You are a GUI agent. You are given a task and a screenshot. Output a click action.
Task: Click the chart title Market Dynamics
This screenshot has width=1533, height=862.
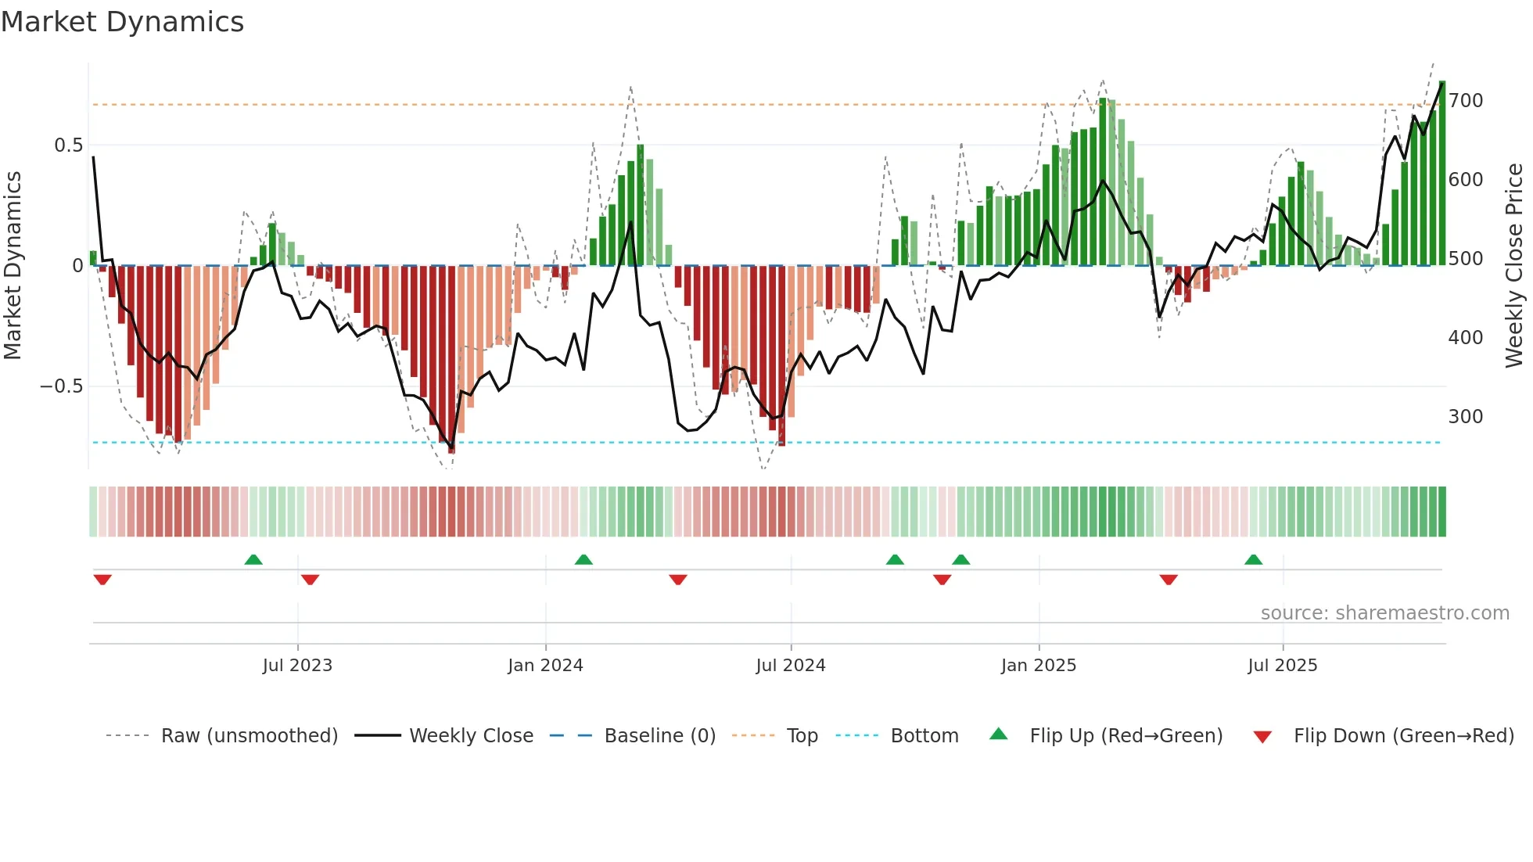[122, 22]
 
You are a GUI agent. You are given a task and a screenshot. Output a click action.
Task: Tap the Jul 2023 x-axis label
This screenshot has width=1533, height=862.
[297, 666]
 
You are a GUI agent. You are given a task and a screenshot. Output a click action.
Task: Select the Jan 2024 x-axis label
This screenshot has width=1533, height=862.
[545, 666]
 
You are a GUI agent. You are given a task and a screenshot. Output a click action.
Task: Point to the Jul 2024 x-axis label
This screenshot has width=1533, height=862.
[790, 666]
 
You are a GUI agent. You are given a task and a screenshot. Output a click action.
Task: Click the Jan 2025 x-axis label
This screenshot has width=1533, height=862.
[1038, 666]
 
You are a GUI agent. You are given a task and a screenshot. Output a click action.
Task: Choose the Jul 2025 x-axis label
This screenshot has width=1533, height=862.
[1282, 666]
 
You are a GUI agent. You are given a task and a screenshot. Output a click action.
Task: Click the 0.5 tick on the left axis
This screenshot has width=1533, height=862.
[69, 145]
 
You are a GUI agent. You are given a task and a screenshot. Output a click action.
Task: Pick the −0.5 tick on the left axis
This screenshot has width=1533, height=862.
[62, 386]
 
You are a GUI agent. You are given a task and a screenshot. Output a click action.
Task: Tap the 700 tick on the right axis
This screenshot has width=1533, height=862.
[1465, 101]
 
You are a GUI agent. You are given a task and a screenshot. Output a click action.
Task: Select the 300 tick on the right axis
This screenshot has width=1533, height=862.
[1465, 417]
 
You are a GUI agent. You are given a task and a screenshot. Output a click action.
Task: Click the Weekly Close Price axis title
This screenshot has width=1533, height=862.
[1514, 266]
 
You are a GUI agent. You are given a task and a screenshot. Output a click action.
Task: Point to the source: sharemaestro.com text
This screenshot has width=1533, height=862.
[1384, 613]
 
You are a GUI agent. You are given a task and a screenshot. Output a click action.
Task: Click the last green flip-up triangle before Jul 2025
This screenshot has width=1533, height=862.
[1253, 559]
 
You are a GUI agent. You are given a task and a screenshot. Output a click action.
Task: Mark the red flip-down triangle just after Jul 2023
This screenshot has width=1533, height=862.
[310, 580]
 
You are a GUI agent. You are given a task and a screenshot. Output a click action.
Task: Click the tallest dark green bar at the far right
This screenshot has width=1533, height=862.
[1441, 172]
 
